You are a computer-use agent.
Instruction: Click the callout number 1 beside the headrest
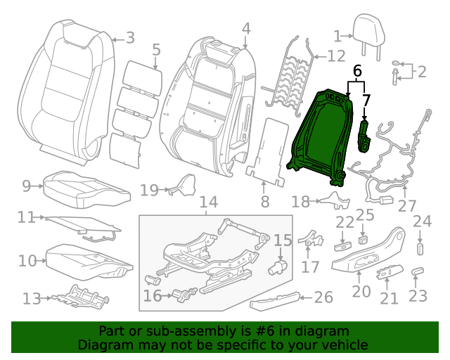click(x=337, y=37)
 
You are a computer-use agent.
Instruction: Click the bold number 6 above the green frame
click(x=357, y=71)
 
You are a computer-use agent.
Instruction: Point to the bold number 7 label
click(x=366, y=101)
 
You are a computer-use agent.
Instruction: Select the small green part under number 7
click(x=364, y=136)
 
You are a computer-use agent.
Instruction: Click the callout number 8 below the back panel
click(x=264, y=202)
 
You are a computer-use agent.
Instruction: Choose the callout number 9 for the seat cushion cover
click(x=27, y=186)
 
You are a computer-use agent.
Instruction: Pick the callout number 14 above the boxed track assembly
click(x=208, y=202)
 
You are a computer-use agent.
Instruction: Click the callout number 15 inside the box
click(x=282, y=240)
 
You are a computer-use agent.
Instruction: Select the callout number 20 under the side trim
click(x=361, y=291)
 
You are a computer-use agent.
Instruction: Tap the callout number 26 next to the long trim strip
click(x=323, y=298)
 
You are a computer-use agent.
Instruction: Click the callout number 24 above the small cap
click(x=421, y=221)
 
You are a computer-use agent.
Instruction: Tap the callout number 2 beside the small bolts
click(x=421, y=71)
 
